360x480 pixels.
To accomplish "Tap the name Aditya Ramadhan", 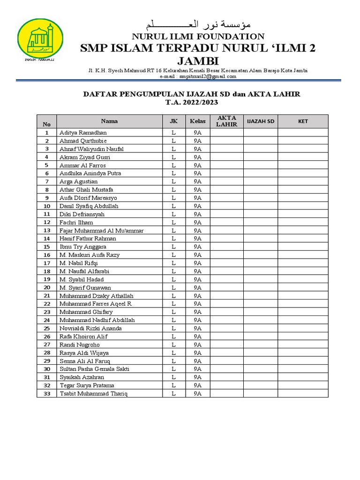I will click(83, 133).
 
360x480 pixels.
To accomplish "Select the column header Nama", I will click(109, 121).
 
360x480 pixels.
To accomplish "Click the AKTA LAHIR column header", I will click(226, 121).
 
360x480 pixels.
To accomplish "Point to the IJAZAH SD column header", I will click(261, 121).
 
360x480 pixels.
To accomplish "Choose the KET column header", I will click(303, 121).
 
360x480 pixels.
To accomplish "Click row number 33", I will click(46, 394).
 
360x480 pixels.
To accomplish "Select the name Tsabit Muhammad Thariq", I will click(93, 394).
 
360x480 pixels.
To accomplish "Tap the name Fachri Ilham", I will click(76, 222).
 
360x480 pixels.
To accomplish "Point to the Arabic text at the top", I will click(198, 24).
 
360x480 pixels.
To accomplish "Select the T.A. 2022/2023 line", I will click(192, 102).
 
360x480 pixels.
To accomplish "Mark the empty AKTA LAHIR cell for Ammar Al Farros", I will click(226, 165).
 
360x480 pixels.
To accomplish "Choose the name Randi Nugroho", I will click(80, 345).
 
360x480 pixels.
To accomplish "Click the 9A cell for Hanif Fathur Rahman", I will click(197, 239).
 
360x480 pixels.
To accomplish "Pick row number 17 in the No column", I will click(46, 263).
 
